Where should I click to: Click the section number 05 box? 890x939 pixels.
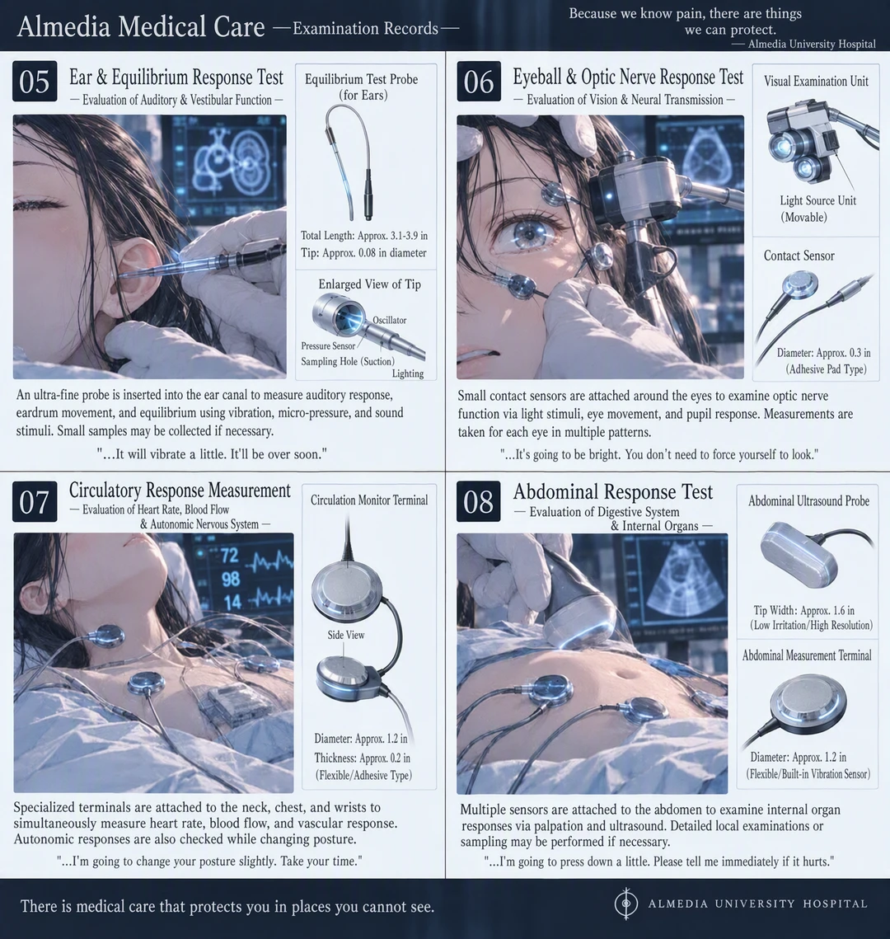35,82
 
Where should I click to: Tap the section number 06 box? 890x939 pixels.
479,82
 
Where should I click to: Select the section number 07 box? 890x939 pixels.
35,502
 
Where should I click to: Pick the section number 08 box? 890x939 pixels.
479,502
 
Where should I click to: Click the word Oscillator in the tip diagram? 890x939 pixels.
390,321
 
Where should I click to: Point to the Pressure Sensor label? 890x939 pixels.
328,345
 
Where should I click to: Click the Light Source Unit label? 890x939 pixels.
817,200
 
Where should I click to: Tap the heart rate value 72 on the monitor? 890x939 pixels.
229,556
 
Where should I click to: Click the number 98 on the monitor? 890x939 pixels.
231,579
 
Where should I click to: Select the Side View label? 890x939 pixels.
346,635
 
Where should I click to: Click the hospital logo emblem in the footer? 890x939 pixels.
626,904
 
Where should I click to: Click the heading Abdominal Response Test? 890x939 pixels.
613,491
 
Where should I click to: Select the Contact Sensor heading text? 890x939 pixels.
799,256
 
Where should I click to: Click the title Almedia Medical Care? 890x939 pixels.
141,27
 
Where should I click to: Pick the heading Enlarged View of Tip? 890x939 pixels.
369,284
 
